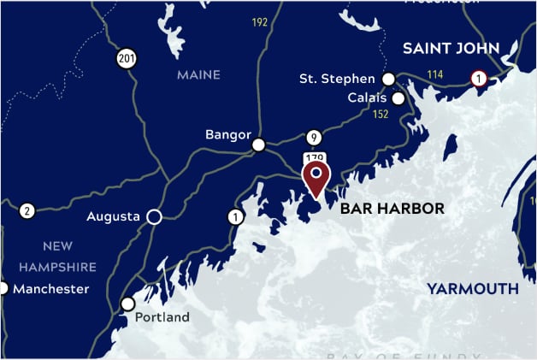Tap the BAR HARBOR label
click(x=392, y=209)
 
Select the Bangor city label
click(x=228, y=135)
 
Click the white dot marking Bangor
click(x=258, y=145)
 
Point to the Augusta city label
click(x=113, y=217)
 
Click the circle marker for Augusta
click(x=154, y=217)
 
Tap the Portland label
click(x=162, y=317)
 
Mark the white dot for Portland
click(x=128, y=304)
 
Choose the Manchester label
click(x=50, y=289)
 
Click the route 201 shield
click(x=128, y=58)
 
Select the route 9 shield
click(x=314, y=137)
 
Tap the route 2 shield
click(x=27, y=210)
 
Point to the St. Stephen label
click(x=337, y=80)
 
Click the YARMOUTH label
click(x=473, y=289)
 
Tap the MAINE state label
click(x=198, y=75)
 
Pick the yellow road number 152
click(x=381, y=115)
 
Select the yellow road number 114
click(x=435, y=75)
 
